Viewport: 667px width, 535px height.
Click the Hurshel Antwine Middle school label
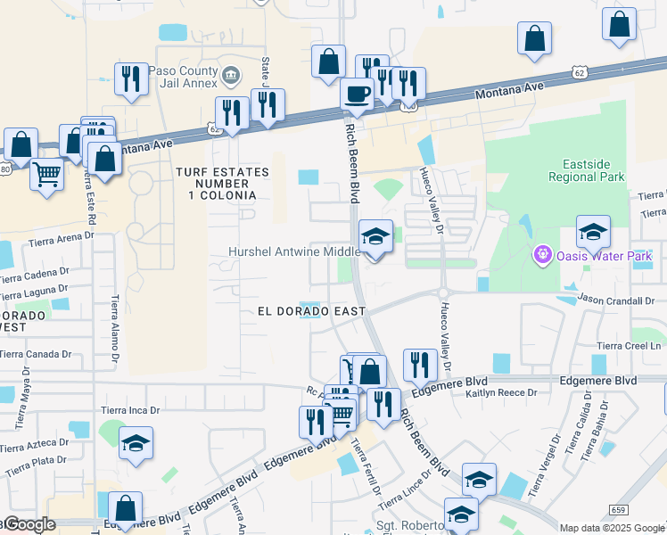pyautogui.click(x=293, y=252)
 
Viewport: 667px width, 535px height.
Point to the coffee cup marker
pyautogui.click(x=358, y=94)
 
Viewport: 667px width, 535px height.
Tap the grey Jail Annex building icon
pyautogui.click(x=232, y=76)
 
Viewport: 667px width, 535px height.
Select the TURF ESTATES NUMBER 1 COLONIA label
pyautogui.click(x=216, y=183)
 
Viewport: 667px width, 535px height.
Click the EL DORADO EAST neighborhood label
pyautogui.click(x=311, y=311)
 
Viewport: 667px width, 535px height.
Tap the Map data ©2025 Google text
pyautogui.click(x=611, y=528)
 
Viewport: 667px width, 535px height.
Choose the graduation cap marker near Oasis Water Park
pyautogui.click(x=592, y=232)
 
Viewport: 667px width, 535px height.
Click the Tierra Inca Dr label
pyautogui.click(x=129, y=410)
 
